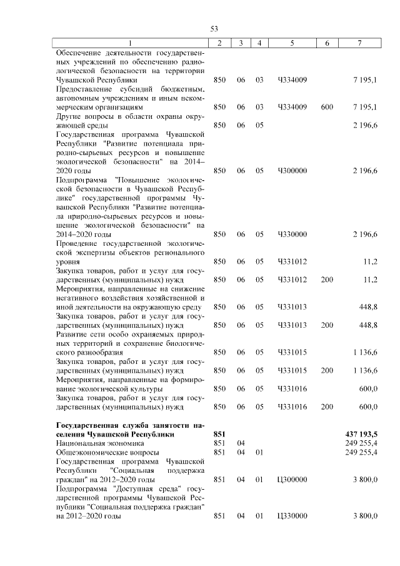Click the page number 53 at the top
click(213, 29)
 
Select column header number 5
click(292, 43)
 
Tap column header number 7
click(359, 43)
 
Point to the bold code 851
click(219, 433)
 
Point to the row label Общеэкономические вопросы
click(99, 452)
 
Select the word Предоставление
click(85, 89)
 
